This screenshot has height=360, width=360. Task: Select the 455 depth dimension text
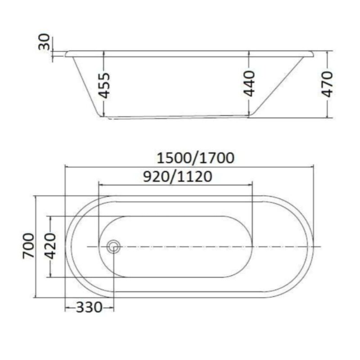coord(104,85)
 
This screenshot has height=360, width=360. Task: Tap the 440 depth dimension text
coord(249,83)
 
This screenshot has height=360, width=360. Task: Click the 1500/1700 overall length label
coord(195,158)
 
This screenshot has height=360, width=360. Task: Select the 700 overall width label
coord(28,246)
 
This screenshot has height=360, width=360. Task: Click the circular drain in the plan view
coord(114,246)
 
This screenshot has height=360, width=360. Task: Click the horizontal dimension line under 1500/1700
coord(189,166)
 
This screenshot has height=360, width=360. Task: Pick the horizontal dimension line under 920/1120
coord(175,185)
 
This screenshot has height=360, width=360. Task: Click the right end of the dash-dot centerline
coord(320,247)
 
